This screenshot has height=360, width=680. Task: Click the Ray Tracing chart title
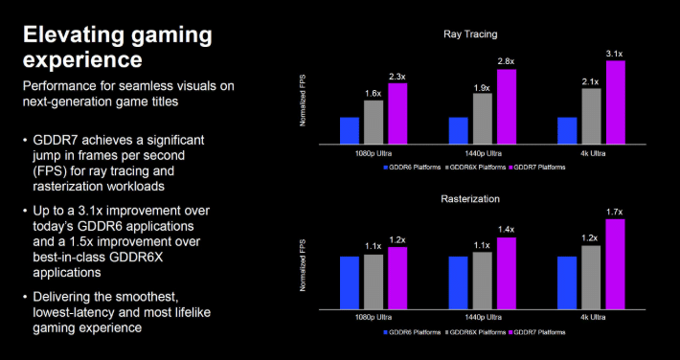pyautogui.click(x=471, y=34)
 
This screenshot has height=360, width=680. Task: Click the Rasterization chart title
pyautogui.click(x=471, y=198)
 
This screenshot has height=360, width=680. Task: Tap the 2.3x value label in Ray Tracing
pyautogui.click(x=397, y=76)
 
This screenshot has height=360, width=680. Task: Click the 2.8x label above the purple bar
pyautogui.click(x=507, y=61)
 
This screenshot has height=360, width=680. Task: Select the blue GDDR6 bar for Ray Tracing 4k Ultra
pyautogui.click(x=567, y=128)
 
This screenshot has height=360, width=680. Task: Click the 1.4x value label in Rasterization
pyautogui.click(x=507, y=230)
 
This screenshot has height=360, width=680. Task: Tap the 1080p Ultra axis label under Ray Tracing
pyautogui.click(x=374, y=152)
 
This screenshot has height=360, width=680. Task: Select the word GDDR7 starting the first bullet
pyautogui.click(x=57, y=140)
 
